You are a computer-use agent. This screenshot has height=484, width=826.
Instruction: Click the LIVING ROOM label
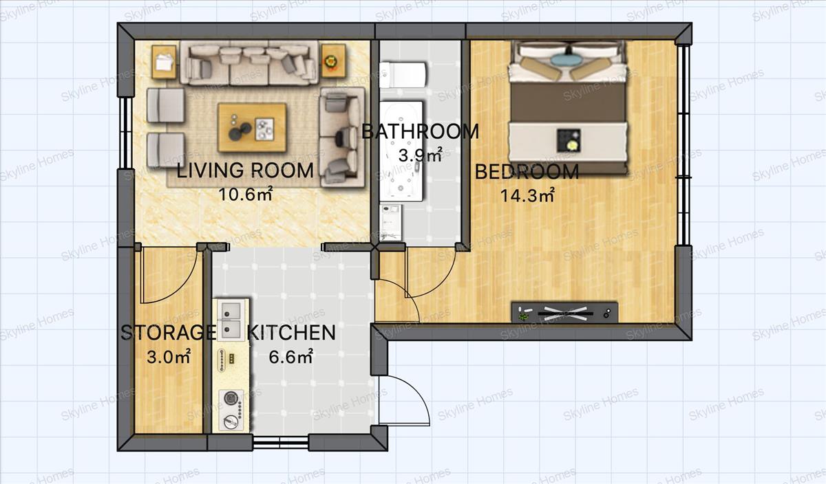[245, 170]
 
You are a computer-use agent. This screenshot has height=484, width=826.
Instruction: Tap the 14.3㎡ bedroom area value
[527, 195]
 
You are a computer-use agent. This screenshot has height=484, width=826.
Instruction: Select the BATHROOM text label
[420, 131]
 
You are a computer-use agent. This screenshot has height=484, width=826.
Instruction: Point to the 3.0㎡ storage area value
[169, 357]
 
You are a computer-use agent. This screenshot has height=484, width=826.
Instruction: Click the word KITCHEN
[291, 333]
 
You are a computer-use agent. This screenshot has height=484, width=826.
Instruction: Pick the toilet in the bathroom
[403, 75]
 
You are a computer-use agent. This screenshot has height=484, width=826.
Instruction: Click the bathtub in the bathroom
[401, 151]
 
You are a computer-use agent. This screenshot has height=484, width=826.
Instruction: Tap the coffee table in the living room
[252, 127]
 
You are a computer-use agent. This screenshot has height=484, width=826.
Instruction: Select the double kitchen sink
[231, 320]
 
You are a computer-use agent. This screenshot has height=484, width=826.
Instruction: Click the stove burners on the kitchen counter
[231, 410]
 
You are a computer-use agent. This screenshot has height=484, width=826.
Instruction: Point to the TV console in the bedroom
[564, 312]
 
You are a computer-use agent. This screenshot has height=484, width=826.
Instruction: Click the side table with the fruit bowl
[333, 60]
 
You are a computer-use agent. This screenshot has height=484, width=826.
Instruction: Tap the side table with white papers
[164, 61]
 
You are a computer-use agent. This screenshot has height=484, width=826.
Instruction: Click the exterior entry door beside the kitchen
[405, 401]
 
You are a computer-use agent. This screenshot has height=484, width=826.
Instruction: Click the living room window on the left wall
[126, 133]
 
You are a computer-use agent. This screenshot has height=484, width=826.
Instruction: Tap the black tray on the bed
[569, 140]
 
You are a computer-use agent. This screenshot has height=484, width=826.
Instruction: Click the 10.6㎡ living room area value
[246, 194]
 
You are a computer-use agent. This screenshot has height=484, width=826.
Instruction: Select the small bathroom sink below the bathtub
[391, 222]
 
